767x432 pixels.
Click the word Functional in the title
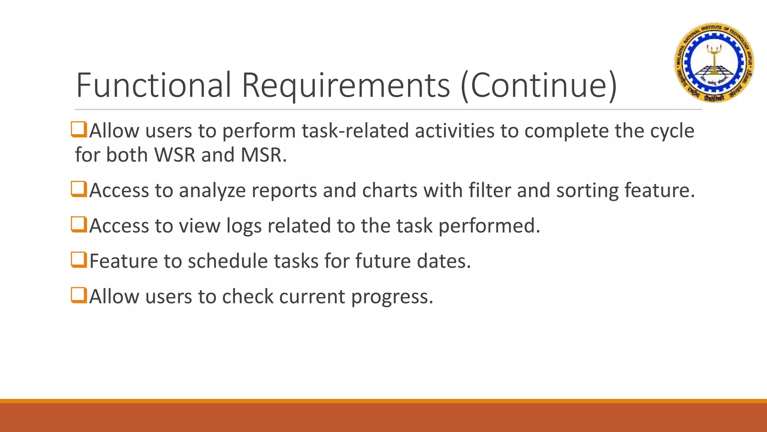tap(154, 85)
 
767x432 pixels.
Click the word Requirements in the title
tap(346, 85)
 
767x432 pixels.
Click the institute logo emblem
tap(714, 62)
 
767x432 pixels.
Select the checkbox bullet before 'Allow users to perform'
tap(79, 129)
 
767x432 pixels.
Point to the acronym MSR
tap(263, 154)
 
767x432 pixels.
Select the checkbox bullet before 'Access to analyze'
tap(79, 189)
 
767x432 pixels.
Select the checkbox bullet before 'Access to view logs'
tap(79, 224)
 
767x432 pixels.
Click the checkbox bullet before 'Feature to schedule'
tap(79, 259)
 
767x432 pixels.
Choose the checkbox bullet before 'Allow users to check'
tap(79, 295)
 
